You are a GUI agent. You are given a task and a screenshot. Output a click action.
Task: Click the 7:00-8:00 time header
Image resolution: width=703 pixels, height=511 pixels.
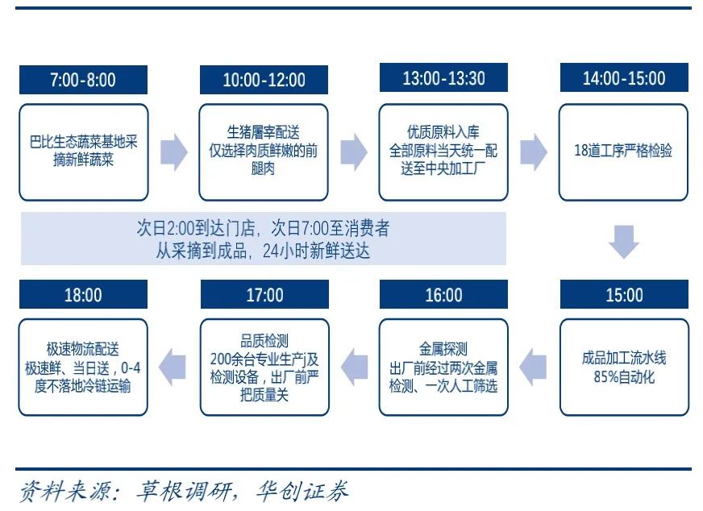click(83, 80)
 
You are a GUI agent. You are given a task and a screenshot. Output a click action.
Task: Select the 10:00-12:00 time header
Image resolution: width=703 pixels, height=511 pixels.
click(264, 80)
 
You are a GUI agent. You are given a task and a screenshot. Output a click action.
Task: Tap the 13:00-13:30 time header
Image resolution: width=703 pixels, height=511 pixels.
click(444, 78)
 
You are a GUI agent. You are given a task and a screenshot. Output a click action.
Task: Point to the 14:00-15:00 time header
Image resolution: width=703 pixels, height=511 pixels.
click(624, 78)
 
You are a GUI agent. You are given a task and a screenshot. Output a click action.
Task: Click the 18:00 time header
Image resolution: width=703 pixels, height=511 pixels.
click(83, 295)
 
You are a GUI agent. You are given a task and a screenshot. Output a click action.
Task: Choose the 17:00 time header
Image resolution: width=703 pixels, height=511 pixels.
click(264, 295)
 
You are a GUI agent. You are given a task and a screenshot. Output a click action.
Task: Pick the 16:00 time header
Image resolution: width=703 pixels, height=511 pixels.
click(444, 295)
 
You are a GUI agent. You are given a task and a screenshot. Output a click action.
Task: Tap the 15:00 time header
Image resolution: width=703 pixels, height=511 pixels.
click(624, 295)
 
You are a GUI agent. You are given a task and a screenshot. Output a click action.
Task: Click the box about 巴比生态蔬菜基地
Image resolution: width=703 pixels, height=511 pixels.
click(84, 152)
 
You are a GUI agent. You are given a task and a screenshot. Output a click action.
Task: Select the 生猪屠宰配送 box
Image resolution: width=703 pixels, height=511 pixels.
click(264, 152)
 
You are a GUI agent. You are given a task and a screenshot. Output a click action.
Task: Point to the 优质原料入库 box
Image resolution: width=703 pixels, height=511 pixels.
click(444, 152)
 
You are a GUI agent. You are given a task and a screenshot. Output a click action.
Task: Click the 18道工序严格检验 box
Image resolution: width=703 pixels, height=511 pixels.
click(624, 152)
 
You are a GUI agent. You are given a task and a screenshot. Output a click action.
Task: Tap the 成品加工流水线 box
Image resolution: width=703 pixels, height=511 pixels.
click(624, 367)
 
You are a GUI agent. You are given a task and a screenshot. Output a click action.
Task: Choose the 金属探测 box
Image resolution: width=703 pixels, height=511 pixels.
click(444, 367)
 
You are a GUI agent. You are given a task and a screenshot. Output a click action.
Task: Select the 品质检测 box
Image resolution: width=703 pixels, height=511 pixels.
click(264, 367)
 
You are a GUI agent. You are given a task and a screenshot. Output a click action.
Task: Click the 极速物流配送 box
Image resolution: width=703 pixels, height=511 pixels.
click(84, 367)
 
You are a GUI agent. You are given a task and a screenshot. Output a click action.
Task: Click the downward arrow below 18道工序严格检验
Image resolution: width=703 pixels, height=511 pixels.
click(624, 242)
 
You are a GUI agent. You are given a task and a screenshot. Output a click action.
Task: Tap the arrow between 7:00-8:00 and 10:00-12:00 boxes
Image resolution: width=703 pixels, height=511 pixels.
click(174, 152)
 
